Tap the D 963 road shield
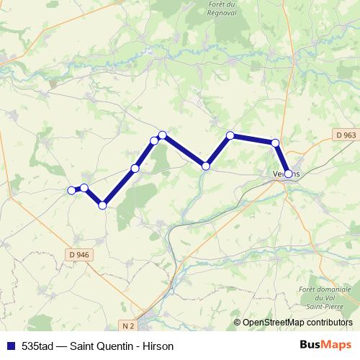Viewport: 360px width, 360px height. click(x=345, y=135)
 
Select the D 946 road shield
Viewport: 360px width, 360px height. click(x=78, y=254)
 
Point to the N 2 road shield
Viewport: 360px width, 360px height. click(x=127, y=326)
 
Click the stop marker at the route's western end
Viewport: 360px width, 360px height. click(x=71, y=190)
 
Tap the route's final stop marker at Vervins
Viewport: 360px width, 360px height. click(x=288, y=174)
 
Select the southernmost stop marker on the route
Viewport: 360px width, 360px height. click(x=102, y=205)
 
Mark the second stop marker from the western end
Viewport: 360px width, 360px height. click(x=84, y=188)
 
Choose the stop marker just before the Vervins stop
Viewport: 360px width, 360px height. click(x=275, y=143)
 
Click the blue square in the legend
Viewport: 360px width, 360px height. click(x=9, y=346)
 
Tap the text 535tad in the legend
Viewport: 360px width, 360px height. click(x=37, y=346)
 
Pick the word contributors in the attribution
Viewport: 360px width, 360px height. click(x=329, y=323)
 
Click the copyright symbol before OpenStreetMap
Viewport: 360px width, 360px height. click(x=238, y=323)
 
